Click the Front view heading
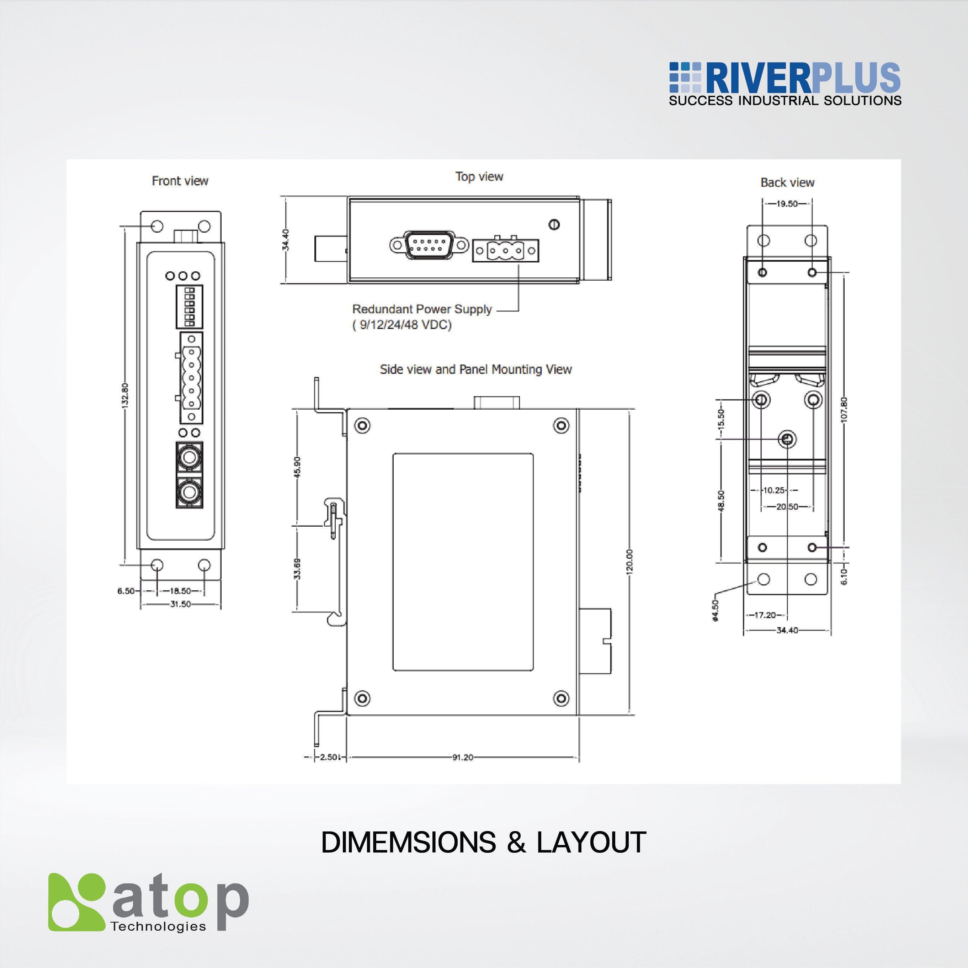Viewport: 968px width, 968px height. point(180,181)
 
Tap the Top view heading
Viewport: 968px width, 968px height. point(479,176)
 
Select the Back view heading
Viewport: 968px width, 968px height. point(787,182)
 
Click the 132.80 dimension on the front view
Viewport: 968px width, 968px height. point(125,395)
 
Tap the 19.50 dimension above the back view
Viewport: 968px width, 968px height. point(787,203)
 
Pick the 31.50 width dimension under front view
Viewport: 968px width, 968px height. point(180,604)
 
